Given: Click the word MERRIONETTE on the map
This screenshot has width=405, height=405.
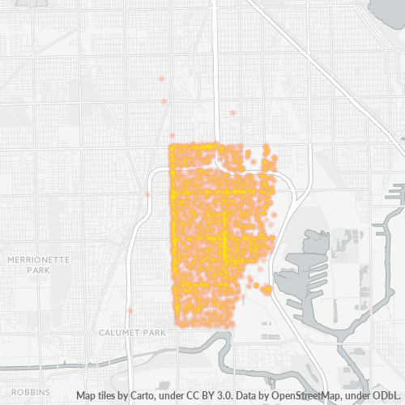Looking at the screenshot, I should (x=39, y=259).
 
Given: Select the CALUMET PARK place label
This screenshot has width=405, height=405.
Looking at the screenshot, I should (x=132, y=333).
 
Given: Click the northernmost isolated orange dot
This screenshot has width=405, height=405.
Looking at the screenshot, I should (x=162, y=79).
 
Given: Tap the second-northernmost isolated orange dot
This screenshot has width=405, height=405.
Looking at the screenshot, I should (x=164, y=101).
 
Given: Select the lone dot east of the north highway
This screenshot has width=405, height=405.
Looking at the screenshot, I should (x=232, y=113).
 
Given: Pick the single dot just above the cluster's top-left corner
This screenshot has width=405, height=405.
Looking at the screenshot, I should (x=172, y=136).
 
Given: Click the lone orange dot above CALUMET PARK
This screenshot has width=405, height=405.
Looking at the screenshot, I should (x=130, y=310).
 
